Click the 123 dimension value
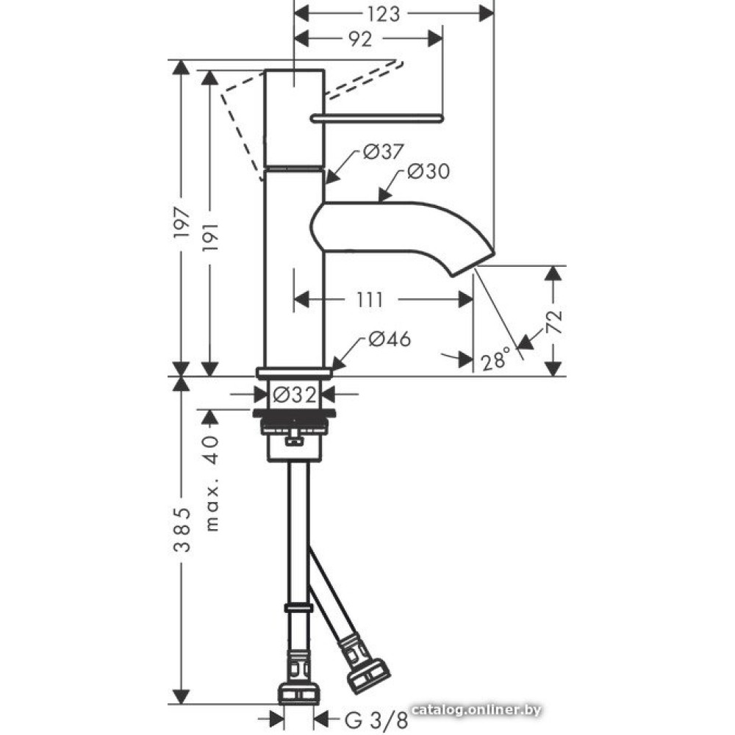tap(384, 15)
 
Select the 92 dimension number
tap(360, 40)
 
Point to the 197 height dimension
tap(182, 222)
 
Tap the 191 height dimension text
tap(210, 237)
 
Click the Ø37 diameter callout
tap(383, 151)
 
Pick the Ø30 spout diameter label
tap(428, 171)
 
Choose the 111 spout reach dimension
tap(370, 300)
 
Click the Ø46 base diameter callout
tap(390, 339)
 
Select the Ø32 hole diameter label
tap(295, 395)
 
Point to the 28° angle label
tap(495, 360)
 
